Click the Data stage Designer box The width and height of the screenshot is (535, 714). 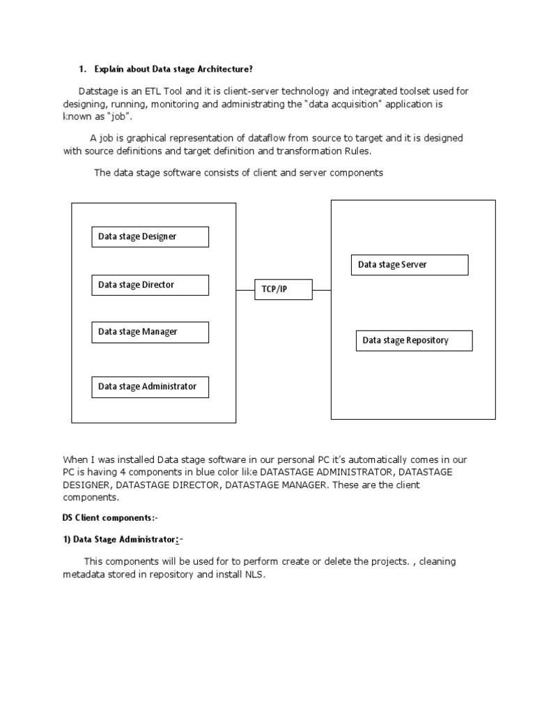150,236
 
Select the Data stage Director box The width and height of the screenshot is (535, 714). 150,284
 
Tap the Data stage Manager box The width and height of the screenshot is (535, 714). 150,332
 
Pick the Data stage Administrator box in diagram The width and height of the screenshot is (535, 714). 150,386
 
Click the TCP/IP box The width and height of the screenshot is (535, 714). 283,289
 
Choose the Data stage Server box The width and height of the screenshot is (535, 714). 410,265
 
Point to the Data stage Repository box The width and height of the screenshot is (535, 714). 414,340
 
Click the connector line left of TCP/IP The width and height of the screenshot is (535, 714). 245,289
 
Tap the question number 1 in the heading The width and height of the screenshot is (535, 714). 82,68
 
